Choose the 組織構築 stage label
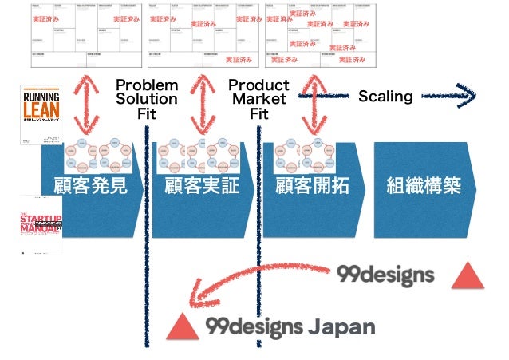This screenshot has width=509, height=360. click(423, 188)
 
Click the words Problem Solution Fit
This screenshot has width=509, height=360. click(147, 99)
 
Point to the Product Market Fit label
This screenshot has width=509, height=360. click(258, 99)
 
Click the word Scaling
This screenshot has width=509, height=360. click(385, 97)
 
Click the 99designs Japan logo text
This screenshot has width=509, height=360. click(290, 326)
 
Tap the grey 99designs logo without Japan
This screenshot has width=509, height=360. click(385, 275)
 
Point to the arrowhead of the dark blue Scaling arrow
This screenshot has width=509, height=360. click(467, 97)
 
